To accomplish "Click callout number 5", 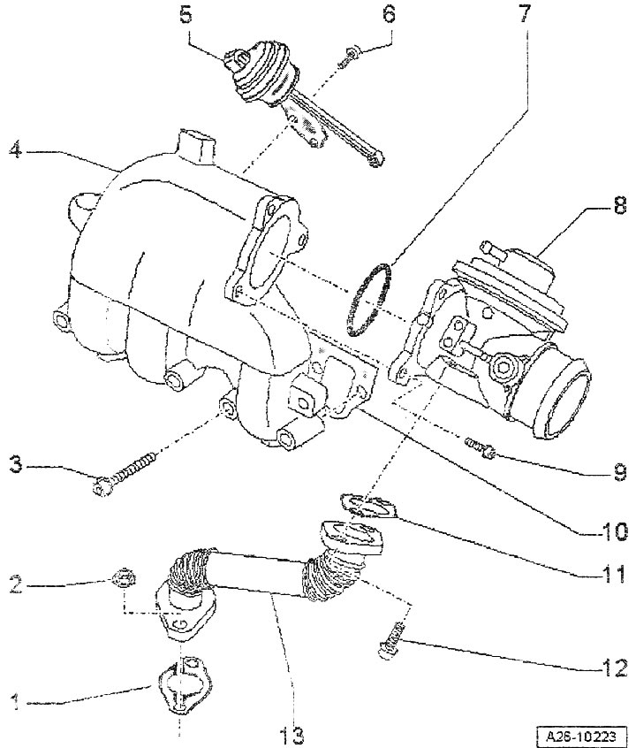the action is tap(185, 15).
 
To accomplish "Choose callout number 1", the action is tap(16, 702).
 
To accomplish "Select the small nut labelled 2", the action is tap(124, 578).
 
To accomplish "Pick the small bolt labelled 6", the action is tap(348, 57).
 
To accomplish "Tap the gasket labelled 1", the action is tap(184, 680).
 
